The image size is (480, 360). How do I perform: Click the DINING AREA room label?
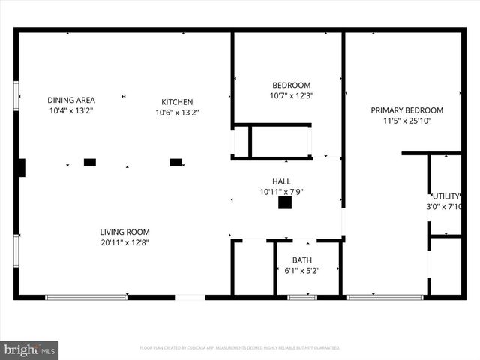coord(70,100)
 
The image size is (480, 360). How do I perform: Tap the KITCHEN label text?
coord(177,102)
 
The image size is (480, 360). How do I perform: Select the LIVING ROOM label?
coord(125,232)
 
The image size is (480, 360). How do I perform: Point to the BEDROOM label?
coord(290,85)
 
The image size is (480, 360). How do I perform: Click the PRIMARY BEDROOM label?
coord(407,109)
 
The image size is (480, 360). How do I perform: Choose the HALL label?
coord(281,181)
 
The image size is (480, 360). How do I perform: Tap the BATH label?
coord(302,260)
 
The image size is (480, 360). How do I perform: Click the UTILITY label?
coord(445,196)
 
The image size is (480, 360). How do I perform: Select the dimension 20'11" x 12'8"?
coord(125,242)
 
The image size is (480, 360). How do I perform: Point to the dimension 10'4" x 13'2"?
coord(70,110)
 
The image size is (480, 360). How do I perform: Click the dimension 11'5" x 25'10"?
coord(407,120)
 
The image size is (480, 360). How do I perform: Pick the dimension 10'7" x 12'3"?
coord(290,96)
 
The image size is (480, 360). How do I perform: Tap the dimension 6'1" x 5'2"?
coord(302,271)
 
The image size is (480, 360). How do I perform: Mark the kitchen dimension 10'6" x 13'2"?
coord(177,112)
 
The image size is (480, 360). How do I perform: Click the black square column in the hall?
coord(285,202)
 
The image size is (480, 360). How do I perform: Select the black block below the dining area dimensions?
coord(90,162)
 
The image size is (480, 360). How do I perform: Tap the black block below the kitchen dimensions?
coord(176,162)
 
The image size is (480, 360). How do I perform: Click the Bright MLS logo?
coord(29,349)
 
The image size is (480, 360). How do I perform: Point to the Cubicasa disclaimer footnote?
coord(240,348)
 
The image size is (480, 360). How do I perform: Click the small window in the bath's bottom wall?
coord(302,297)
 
